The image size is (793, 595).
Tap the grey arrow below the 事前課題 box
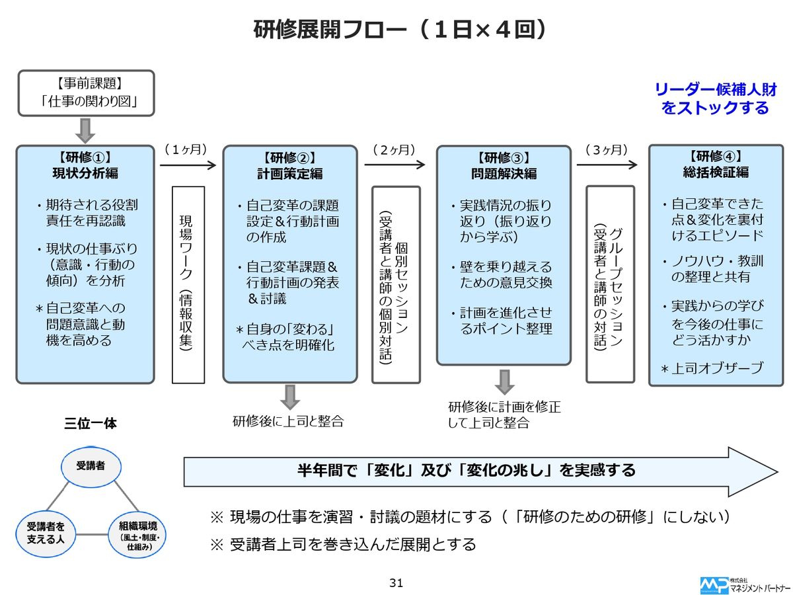tap(86, 131)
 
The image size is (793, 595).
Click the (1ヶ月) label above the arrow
tap(186, 150)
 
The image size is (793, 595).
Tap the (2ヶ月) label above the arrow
tap(394, 150)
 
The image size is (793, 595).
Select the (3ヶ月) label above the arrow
tap(606, 150)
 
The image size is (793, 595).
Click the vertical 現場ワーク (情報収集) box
tap(188, 285)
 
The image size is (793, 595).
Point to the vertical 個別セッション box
tap(396, 285)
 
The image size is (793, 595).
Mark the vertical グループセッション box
tap(610, 284)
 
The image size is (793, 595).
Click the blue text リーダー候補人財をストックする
tap(715, 99)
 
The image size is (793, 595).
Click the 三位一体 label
tap(91, 424)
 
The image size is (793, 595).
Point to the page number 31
tap(397, 583)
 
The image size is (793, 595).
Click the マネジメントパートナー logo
tap(744, 585)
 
